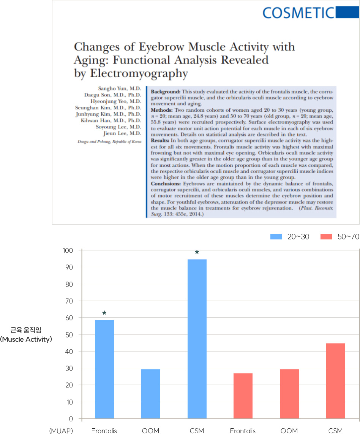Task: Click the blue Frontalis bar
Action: coord(104,369)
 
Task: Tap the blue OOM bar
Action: coord(151,394)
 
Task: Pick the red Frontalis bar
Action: coord(243,396)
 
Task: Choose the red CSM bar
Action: coord(336,381)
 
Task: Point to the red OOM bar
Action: coord(289,394)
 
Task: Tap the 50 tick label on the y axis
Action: coord(70,334)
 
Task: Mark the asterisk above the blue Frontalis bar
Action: coord(104,314)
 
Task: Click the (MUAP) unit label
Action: coord(61,431)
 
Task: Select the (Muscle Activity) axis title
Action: coord(26,339)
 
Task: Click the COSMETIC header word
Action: coord(298,13)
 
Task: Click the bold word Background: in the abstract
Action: coord(166,92)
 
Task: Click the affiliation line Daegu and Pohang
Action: coord(109,141)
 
